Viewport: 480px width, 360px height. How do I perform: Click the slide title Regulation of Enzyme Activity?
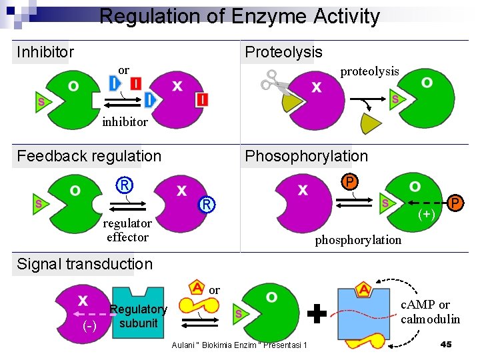point(239,16)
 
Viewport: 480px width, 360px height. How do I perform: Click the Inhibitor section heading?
point(45,52)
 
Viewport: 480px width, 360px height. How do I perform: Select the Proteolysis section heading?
point(283,52)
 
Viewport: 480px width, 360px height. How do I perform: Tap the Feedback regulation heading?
point(89,156)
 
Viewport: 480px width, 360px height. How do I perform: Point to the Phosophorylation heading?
point(306,156)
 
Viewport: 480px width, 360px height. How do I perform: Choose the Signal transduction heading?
point(85,264)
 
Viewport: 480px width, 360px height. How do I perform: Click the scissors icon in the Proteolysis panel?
point(272,81)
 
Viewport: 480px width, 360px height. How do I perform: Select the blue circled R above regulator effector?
point(125,185)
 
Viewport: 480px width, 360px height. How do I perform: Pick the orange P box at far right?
point(455,202)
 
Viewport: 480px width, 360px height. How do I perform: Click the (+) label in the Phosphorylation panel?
point(427,214)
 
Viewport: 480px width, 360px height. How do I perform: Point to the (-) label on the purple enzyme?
point(89,327)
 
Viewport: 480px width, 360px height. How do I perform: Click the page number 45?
point(446,344)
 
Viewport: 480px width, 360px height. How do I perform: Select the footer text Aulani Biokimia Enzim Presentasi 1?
point(239,345)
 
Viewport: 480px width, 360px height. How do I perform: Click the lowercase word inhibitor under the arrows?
point(125,122)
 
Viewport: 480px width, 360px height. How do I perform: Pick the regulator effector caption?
point(127,230)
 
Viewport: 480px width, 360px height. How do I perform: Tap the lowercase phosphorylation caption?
point(358,239)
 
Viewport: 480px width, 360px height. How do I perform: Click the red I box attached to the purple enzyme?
point(201,99)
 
